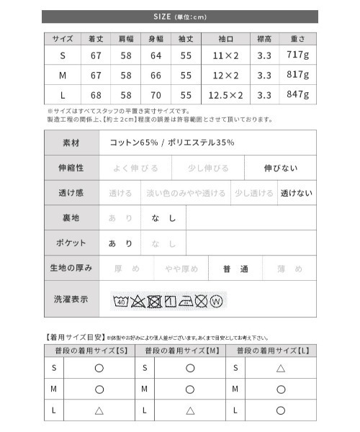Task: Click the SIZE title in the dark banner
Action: pos(180,17)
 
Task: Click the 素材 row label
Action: pos(71,143)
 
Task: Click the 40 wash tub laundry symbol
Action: pos(119,300)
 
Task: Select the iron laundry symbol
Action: pos(184,300)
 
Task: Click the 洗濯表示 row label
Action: pos(71,299)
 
